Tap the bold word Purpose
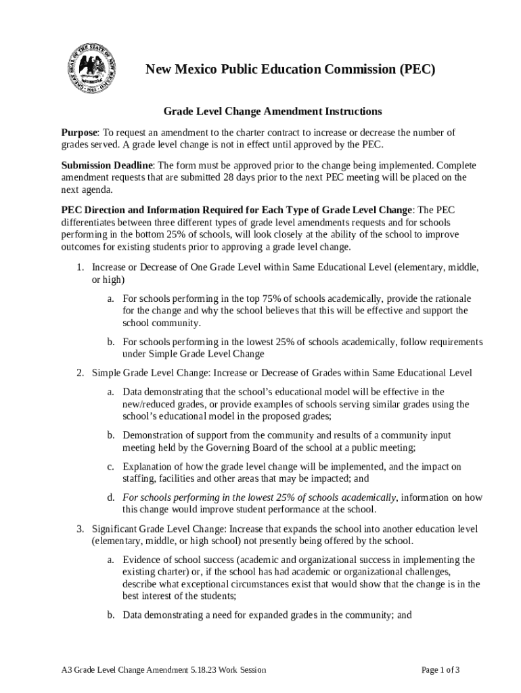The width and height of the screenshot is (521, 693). coord(80,133)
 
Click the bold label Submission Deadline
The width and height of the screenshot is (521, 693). coord(108,165)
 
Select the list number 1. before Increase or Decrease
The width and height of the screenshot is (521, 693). coord(80,267)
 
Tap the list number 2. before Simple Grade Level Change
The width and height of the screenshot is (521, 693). coord(80,373)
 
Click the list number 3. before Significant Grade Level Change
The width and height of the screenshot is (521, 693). coord(80,528)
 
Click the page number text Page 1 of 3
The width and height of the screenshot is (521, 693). coord(440,670)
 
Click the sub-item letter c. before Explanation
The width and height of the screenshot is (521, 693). coord(110,466)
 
